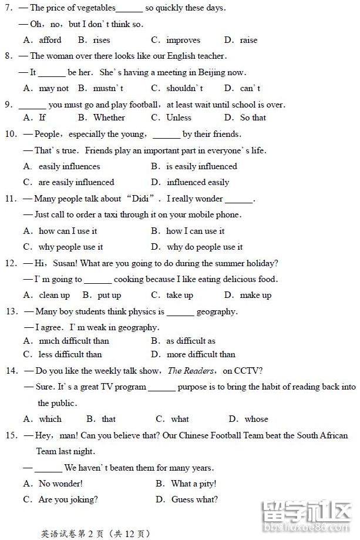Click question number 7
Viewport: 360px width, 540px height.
(x=8, y=8)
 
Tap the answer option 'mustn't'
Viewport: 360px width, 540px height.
(x=108, y=89)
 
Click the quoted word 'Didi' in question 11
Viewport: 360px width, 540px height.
(x=143, y=199)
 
